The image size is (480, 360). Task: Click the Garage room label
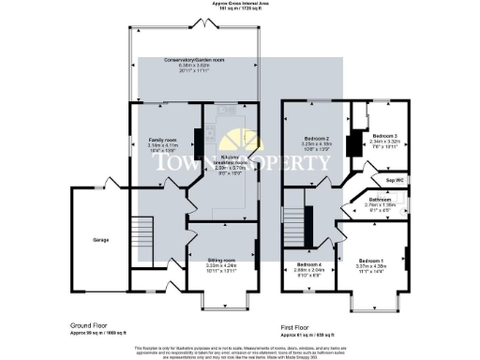[99, 239]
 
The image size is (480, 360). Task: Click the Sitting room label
[221, 259]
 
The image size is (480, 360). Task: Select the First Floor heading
[301, 327]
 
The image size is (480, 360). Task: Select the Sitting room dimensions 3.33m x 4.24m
[221, 265]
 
